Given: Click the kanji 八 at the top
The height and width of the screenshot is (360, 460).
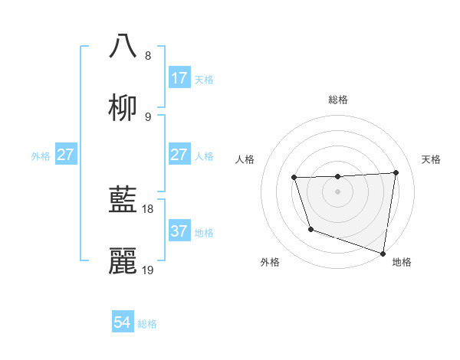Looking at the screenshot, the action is click(x=123, y=46).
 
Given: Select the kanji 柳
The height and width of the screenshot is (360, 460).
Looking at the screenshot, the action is click(x=123, y=108).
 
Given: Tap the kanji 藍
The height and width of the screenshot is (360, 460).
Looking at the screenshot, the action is click(x=123, y=200).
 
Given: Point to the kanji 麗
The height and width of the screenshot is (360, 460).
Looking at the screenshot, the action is click(x=123, y=261).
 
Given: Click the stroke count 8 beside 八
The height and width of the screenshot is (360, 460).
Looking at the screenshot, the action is click(x=148, y=56).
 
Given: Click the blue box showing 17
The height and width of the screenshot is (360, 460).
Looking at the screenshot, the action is click(x=179, y=78).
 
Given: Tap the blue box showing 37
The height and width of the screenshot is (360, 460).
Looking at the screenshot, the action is click(x=179, y=231).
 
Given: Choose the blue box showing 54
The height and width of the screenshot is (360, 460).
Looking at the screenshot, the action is click(x=123, y=323).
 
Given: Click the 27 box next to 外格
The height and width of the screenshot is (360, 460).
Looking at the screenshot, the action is click(x=66, y=155).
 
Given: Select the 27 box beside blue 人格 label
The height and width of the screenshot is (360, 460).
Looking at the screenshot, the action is click(x=179, y=155).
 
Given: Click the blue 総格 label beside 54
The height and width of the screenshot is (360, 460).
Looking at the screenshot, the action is click(x=147, y=324).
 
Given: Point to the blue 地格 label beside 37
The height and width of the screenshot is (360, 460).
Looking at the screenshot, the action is click(x=204, y=232).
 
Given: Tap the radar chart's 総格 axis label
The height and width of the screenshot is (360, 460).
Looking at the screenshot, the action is click(x=338, y=100).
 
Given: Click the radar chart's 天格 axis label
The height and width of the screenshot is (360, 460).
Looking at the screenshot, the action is click(x=431, y=159).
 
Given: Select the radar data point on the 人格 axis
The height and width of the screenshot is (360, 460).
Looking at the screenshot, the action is click(x=294, y=178).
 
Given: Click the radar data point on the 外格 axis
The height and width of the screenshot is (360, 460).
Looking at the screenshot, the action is click(x=310, y=229).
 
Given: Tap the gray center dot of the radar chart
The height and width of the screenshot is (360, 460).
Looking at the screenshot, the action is click(x=338, y=191).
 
